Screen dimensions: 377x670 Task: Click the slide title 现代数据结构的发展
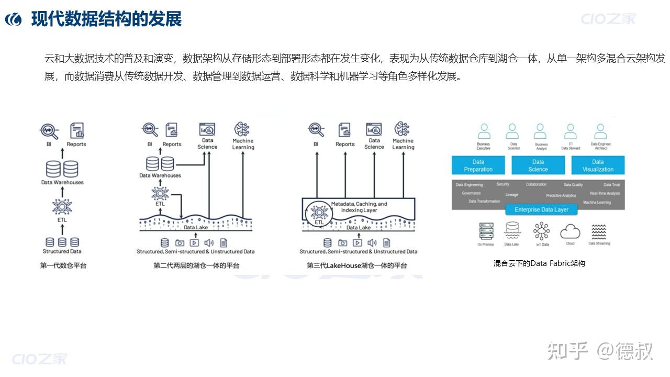106,19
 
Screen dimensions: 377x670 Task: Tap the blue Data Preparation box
478,165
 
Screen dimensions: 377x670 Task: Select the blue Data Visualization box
598,165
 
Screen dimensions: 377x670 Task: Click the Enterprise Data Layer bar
541,209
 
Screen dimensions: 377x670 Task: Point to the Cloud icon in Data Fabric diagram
570,231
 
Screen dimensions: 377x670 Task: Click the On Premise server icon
486,231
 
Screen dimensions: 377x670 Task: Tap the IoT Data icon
542,231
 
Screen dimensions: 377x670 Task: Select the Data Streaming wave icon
599,231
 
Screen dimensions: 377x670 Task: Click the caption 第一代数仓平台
63,265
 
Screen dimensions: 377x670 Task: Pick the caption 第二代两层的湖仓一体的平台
196,265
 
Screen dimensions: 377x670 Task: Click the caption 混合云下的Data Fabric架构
539,263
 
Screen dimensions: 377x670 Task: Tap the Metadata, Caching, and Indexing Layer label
359,207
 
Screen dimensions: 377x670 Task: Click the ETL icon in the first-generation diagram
62,206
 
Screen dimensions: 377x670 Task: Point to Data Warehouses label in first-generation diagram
62,182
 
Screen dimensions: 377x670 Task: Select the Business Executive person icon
484,131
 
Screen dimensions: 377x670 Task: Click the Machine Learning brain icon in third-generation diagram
402,129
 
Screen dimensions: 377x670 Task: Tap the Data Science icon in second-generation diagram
207,129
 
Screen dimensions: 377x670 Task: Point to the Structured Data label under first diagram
62,251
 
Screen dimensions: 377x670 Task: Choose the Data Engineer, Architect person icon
600,131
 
